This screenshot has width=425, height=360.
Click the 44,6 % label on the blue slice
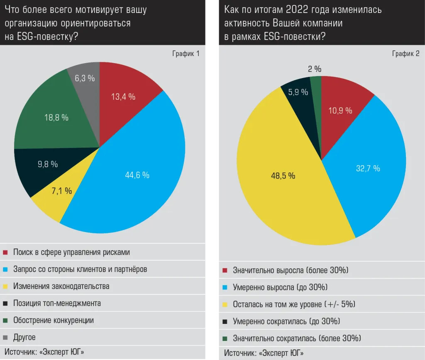pos(137,175)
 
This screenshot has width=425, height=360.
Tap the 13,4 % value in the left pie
pos(123,97)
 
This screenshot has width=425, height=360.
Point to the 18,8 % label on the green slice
pos(56,118)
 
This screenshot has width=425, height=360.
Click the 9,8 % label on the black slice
pos(48,164)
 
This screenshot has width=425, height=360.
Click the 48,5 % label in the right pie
pos(283,176)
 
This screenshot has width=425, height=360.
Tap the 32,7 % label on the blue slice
pos(368,168)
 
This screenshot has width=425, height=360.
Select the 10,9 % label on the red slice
pos(340,110)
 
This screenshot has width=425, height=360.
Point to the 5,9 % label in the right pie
pos(298,92)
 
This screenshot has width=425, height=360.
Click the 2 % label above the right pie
pos(315,69)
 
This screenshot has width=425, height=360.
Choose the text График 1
pos(186,54)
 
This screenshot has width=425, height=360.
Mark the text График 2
pos(405,54)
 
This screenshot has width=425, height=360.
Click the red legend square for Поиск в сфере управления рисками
pos(5,252)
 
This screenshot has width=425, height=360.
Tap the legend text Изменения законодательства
pos(61,286)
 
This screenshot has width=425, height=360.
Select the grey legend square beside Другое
pos(5,337)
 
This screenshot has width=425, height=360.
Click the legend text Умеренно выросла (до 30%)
pos(280,287)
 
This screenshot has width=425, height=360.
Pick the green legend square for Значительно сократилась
pos(225,338)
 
